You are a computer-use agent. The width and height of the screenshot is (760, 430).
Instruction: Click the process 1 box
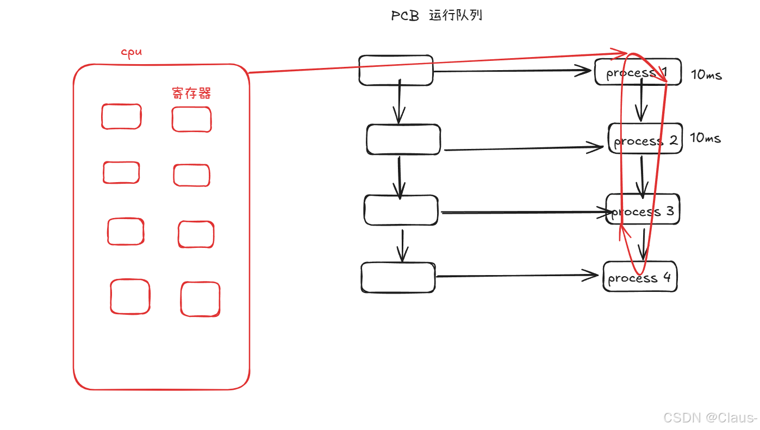638,72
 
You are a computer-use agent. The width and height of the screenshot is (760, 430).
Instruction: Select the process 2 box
645,139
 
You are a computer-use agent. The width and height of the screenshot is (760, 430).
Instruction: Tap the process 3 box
643,209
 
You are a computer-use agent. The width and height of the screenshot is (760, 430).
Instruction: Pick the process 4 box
640,277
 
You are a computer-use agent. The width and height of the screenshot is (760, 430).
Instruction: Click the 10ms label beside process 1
706,75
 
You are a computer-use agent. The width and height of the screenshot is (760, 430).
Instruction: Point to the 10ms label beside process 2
705,138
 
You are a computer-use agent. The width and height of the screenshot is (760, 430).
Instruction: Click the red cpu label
131,52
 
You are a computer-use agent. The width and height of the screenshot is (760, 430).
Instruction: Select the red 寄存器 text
191,94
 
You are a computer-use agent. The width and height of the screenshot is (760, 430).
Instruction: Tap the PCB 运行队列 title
437,16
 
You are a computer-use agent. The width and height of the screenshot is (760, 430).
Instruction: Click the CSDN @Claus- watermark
710,417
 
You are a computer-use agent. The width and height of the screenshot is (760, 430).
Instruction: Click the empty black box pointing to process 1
396,70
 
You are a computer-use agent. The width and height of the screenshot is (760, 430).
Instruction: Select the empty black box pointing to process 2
403,140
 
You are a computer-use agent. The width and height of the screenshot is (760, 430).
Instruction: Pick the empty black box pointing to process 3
401,210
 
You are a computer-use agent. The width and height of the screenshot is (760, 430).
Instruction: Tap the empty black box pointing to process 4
398,278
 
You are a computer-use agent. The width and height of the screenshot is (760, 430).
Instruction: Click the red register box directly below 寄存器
191,120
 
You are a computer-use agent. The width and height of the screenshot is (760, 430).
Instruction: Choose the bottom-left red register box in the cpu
130,297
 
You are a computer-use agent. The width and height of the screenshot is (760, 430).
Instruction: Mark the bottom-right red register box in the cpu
200,299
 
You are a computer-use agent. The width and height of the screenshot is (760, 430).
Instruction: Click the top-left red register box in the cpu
121,116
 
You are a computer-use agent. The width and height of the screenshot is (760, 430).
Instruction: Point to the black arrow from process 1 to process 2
641,100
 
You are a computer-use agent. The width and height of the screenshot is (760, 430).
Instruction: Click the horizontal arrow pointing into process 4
516,276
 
